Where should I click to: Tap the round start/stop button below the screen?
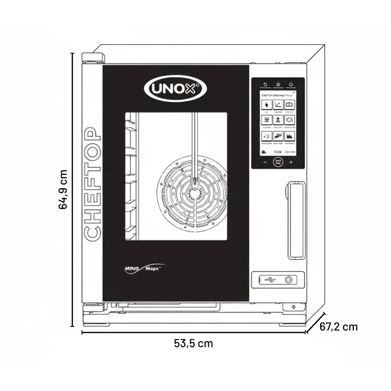coord(278,162)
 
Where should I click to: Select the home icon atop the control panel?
coord(290,84)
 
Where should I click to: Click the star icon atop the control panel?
coord(278,84)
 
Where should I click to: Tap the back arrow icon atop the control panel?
coord(265,84)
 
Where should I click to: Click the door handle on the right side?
coord(294,220)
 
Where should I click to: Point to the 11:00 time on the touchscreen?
coord(278,152)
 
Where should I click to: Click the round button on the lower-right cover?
coord(289,280)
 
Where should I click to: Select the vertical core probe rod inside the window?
coord(193,147)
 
